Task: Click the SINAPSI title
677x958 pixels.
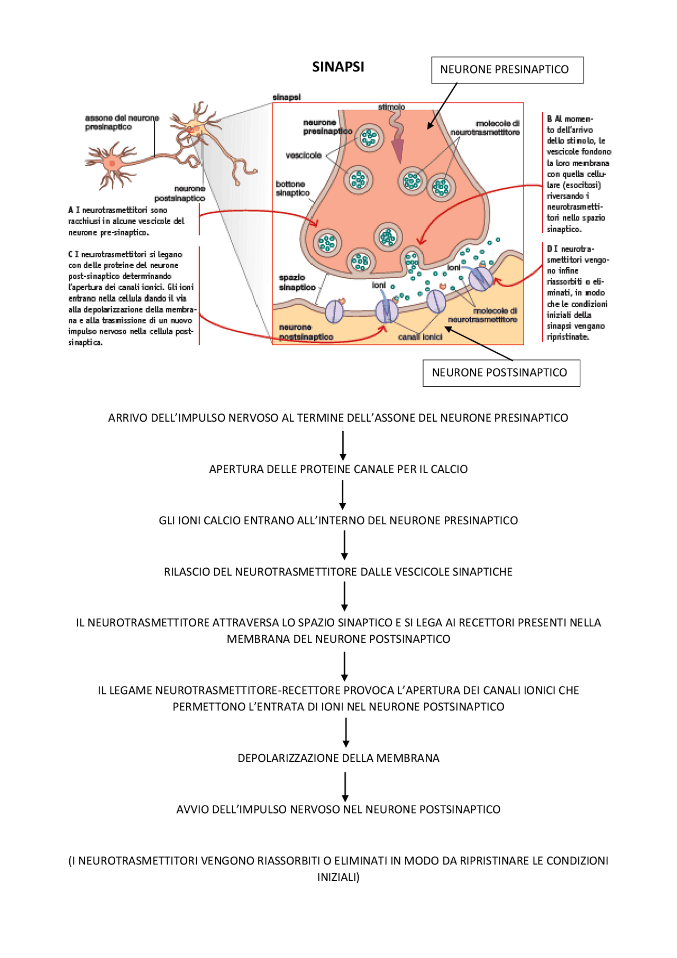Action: (x=338, y=67)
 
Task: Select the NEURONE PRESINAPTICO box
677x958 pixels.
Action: (x=507, y=70)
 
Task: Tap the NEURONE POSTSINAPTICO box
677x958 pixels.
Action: (x=500, y=373)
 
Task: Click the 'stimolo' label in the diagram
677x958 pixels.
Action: (x=391, y=107)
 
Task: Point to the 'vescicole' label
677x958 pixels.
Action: (x=304, y=156)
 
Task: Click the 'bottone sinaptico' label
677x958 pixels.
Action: (x=292, y=188)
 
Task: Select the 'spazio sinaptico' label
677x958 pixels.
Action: (x=296, y=282)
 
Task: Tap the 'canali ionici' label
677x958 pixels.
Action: (x=419, y=337)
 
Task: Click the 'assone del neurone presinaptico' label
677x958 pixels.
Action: (x=122, y=122)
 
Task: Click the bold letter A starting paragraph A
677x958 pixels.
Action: (x=71, y=210)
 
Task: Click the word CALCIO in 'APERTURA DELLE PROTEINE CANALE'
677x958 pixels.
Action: (x=449, y=469)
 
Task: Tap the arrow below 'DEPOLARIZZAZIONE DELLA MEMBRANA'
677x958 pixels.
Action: (x=345, y=787)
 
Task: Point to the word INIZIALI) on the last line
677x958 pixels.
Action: (x=338, y=877)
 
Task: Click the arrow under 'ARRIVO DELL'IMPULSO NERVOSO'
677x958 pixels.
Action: (x=343, y=445)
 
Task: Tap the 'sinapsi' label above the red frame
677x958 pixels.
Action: (x=287, y=97)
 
